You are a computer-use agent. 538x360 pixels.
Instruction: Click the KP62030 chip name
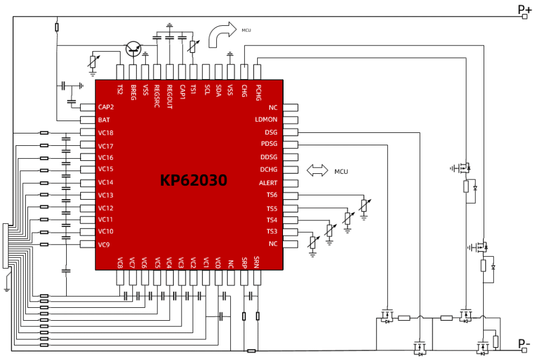[x=194, y=181]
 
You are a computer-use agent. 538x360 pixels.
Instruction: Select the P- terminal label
[x=524, y=343]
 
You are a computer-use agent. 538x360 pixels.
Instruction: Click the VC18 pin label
[x=105, y=133]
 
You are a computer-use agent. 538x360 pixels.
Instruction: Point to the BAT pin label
[x=104, y=120]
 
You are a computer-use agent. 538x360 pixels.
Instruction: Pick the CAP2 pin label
[x=105, y=107]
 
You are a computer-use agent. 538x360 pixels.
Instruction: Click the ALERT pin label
[x=268, y=183]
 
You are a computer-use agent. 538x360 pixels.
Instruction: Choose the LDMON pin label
[x=266, y=120]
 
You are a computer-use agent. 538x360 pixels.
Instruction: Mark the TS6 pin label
[x=272, y=195]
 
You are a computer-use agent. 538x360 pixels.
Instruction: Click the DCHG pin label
[x=268, y=170]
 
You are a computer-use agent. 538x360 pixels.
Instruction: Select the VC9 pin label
[x=104, y=244]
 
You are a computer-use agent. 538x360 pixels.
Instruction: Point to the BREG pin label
[x=133, y=92]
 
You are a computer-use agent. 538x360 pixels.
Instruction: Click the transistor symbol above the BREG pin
[x=133, y=49]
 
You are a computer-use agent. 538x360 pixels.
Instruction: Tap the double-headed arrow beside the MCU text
[x=317, y=171]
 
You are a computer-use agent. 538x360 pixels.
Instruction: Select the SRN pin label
[x=257, y=262]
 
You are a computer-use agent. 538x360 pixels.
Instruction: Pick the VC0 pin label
[x=206, y=262]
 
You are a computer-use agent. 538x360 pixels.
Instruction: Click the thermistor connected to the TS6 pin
[x=364, y=206]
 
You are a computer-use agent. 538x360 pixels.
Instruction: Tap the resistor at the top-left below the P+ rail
[x=57, y=27]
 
